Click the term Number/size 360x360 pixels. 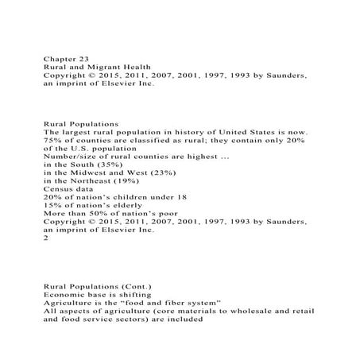(67, 157)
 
